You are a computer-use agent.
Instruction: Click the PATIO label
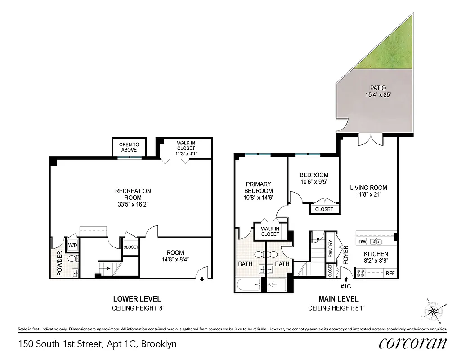pyautogui.click(x=377, y=88)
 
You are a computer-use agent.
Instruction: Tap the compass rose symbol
pyautogui.click(x=433, y=310)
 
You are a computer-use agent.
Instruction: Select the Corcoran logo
pyautogui.click(x=412, y=343)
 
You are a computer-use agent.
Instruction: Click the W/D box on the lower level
pyautogui.click(x=72, y=245)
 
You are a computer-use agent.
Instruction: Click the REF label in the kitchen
pyautogui.click(x=390, y=273)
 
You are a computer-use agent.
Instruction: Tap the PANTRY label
pyautogui.click(x=330, y=248)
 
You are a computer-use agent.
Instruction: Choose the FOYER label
pyautogui.click(x=346, y=254)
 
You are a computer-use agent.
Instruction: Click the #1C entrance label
pyautogui.click(x=346, y=285)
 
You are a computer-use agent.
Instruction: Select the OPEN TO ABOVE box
pyautogui.click(x=129, y=147)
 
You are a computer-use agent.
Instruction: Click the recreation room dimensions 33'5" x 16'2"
pyautogui.click(x=133, y=204)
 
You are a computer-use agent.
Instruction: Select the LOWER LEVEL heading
pyautogui.click(x=137, y=299)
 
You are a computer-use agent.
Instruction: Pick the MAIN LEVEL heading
pyautogui.click(x=338, y=299)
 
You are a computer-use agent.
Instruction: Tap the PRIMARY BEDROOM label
pyautogui.click(x=258, y=187)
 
